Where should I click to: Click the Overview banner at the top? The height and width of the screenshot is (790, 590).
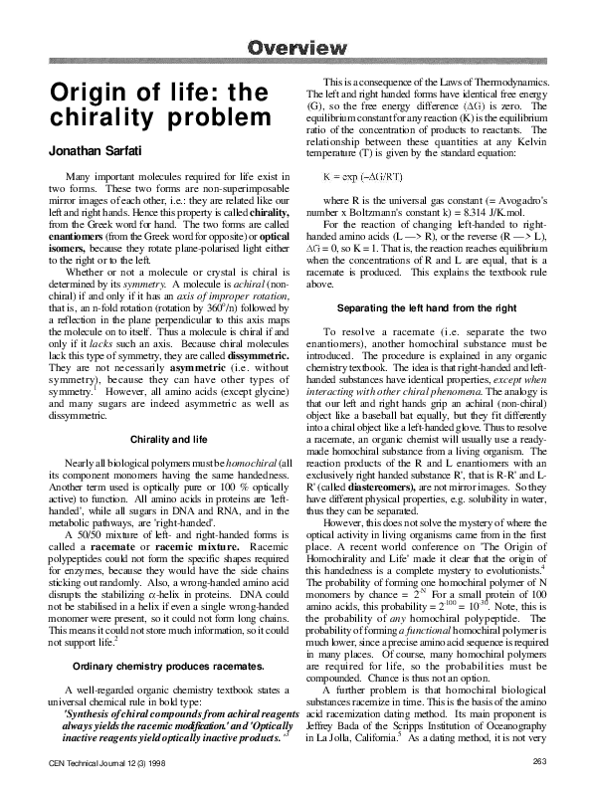pos(295,47)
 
